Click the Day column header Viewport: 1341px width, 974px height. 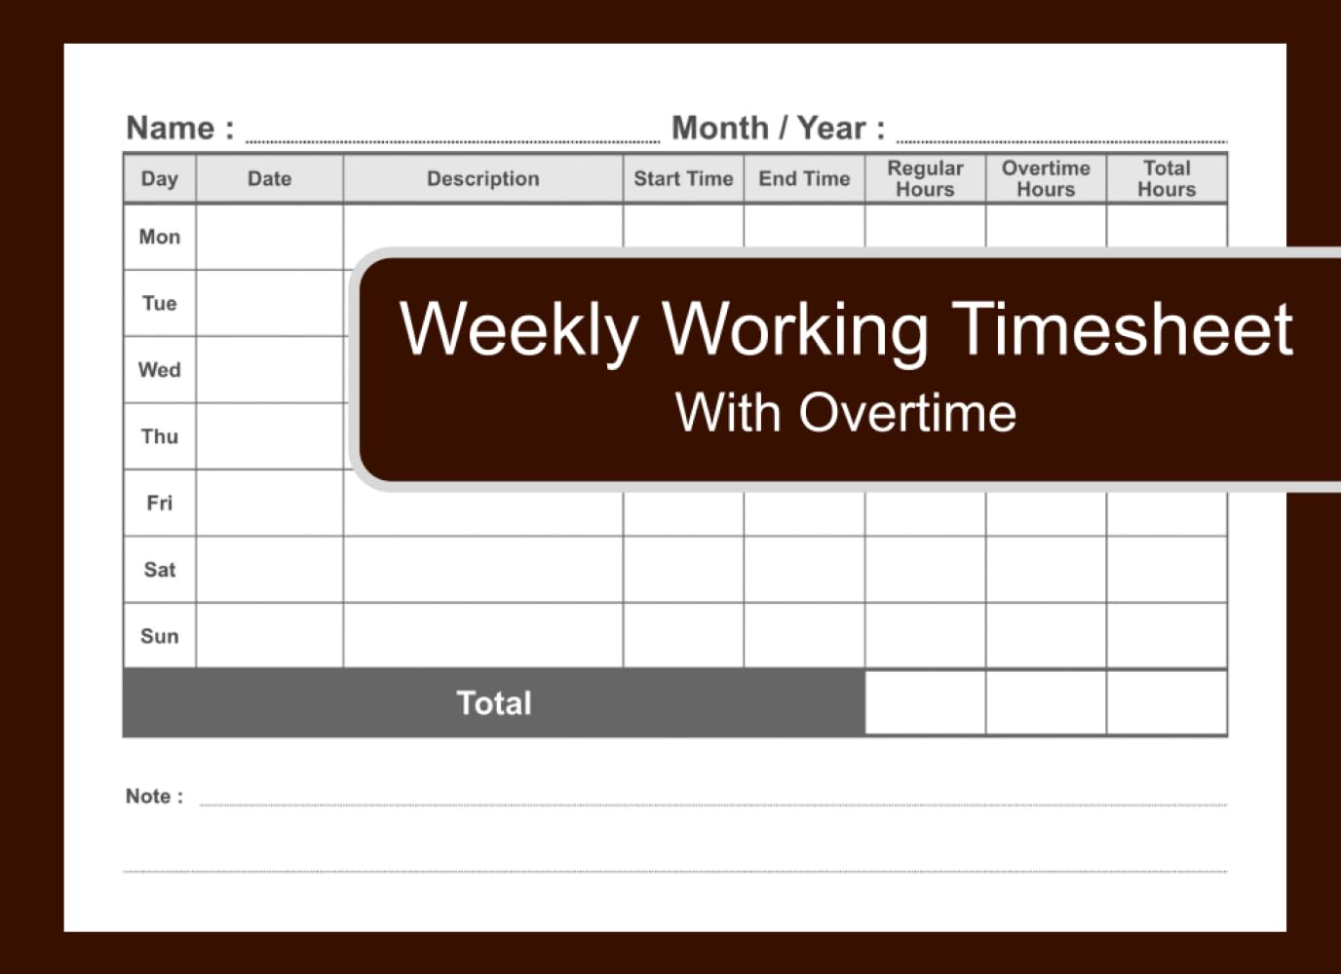160,178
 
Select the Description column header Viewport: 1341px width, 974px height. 482,178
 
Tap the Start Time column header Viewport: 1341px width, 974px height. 683,178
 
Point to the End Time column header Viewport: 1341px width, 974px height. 804,178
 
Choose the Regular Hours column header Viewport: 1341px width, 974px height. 925,178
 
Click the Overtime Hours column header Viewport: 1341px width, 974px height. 1046,178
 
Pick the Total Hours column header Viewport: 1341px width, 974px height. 1167,178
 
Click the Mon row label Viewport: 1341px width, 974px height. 160,237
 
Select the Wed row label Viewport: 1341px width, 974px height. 160,370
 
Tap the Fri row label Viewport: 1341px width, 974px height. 160,503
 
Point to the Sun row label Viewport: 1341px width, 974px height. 160,636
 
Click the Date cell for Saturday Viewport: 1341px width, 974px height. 270,570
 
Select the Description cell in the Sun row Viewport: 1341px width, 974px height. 482,636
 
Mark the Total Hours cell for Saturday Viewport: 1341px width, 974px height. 1167,570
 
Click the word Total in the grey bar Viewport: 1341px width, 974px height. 494,703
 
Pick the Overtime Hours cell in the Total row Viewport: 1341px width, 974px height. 1046,702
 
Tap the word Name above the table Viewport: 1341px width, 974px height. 171,128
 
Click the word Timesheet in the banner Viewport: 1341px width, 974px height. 1122,328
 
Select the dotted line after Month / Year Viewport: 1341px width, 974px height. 1061,141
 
